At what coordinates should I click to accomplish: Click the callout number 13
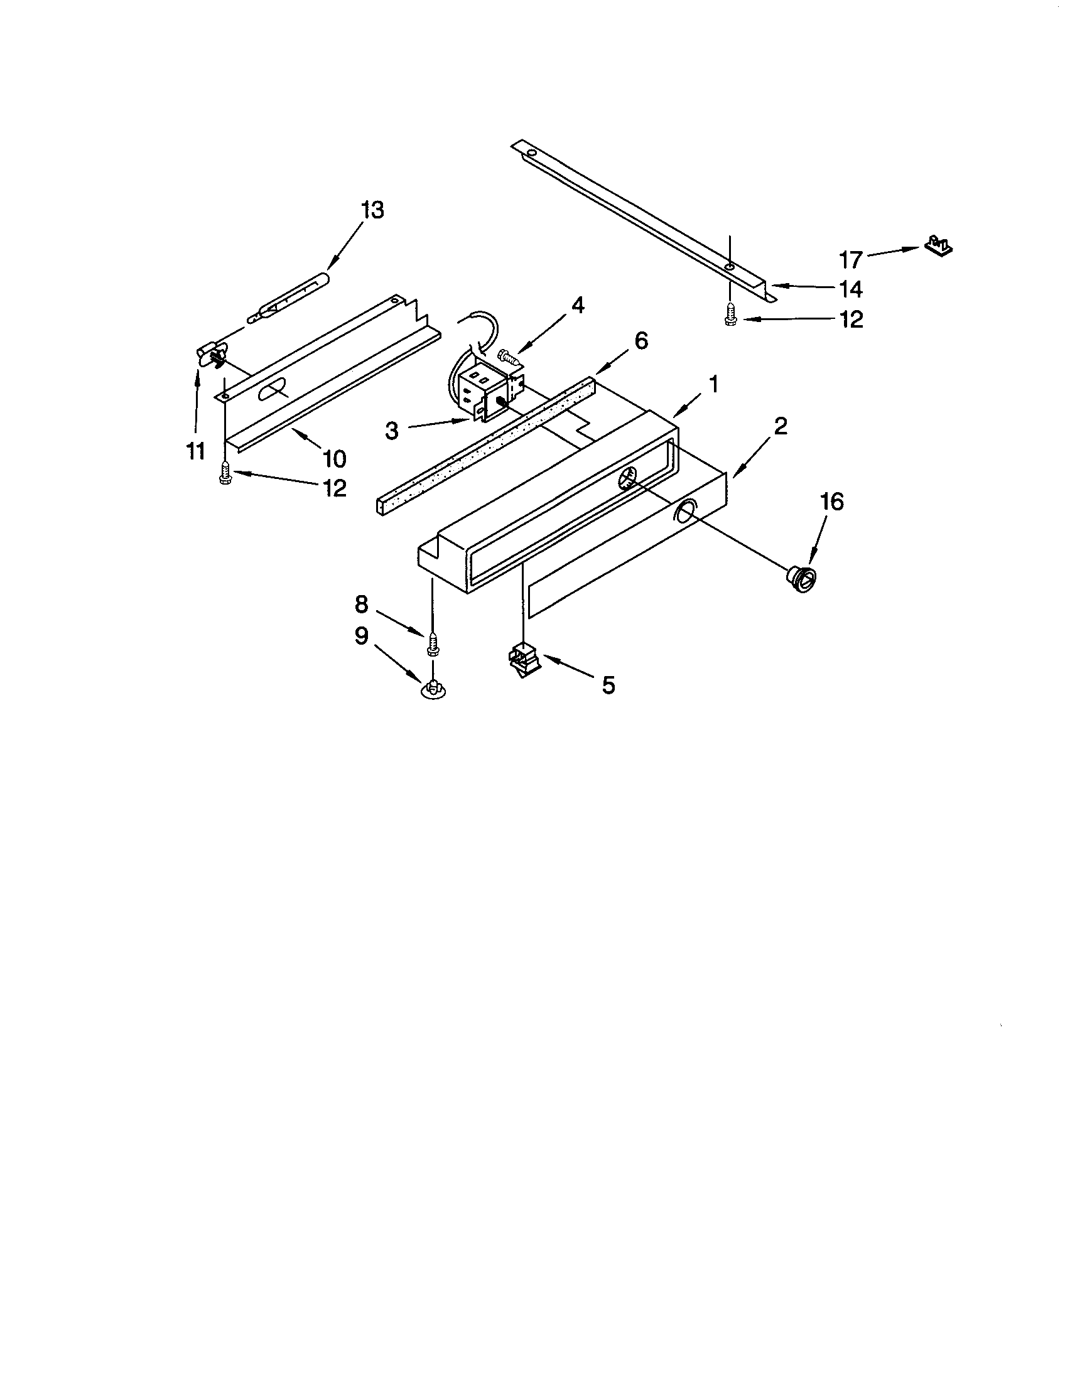click(x=372, y=210)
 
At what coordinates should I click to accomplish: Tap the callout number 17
click(x=851, y=259)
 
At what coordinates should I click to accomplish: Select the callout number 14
click(x=851, y=289)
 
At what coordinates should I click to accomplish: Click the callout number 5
click(x=608, y=685)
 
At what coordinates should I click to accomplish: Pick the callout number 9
click(x=361, y=635)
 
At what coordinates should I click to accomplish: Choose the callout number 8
click(x=361, y=605)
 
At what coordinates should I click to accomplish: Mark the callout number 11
click(x=196, y=451)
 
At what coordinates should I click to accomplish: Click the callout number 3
click(x=392, y=431)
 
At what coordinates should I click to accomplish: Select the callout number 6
click(x=641, y=341)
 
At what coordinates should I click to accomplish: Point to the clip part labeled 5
click(x=524, y=660)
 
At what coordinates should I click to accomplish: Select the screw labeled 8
click(x=433, y=642)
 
